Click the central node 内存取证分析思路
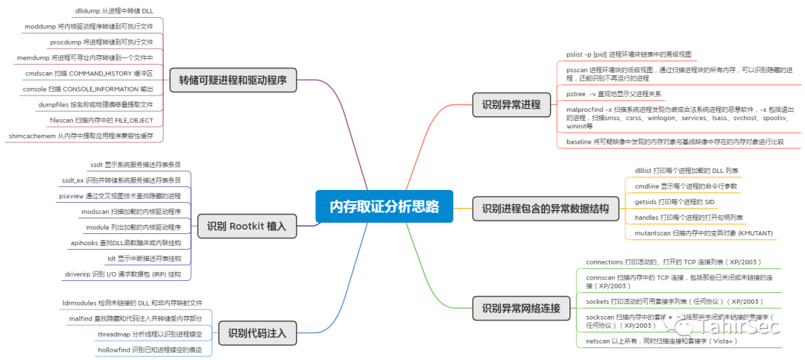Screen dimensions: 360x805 pyautogui.click(x=384, y=206)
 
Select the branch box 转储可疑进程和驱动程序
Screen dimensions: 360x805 pyautogui.click(x=233, y=80)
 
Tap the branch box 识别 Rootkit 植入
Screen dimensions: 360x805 pyautogui.click(x=247, y=226)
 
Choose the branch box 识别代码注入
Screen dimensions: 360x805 pyautogui.click(x=257, y=333)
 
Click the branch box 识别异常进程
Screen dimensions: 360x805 pyautogui.click(x=511, y=104)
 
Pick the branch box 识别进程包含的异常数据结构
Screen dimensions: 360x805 pyautogui.click(x=545, y=209)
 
